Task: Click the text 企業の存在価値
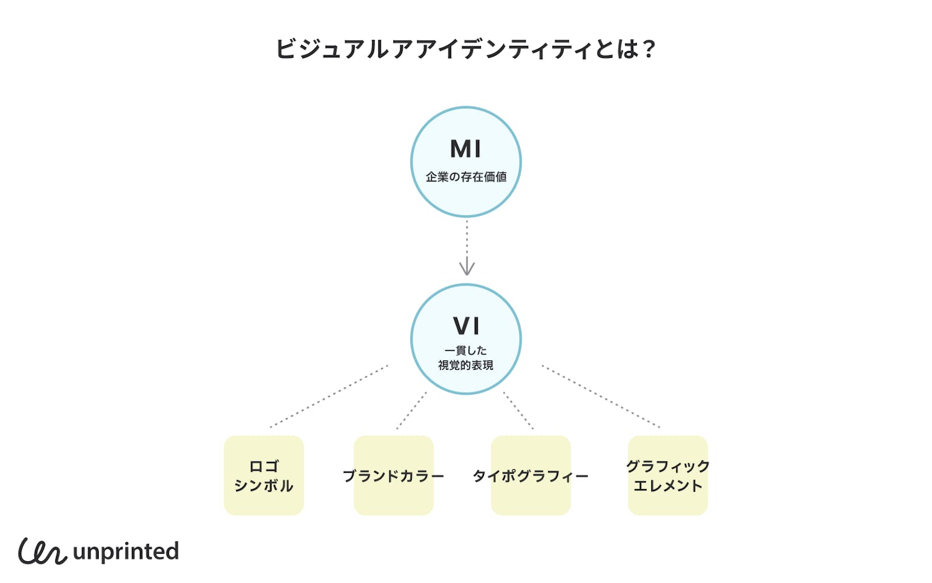coord(466,177)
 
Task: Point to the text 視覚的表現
coord(466,365)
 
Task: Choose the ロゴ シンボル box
coord(263,475)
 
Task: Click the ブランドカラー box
coord(393,475)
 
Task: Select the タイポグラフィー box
coord(531,475)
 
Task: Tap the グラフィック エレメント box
coord(668,475)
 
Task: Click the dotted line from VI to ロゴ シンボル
coord(329,397)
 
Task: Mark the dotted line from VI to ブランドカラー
coord(411,410)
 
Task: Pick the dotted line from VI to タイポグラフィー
coord(518,410)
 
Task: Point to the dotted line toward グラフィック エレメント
coord(601,397)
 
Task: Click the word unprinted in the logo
coord(126,552)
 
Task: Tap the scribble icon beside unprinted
coord(42,551)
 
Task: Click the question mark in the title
coord(649,49)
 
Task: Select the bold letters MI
coord(465,149)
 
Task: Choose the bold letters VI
coord(466,326)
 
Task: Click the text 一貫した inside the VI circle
coord(466,351)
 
